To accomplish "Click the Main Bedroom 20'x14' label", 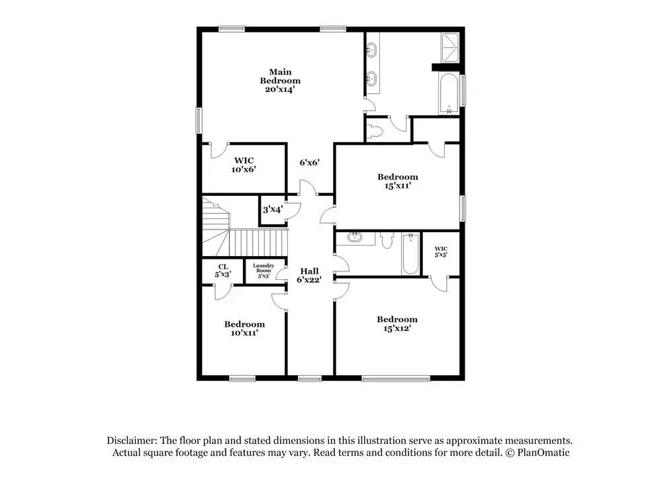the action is (280, 81).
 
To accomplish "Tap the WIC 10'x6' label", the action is (244, 165).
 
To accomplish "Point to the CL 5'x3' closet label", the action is (223, 271).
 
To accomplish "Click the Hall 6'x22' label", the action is (309, 275).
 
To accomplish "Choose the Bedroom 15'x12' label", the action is (397, 324).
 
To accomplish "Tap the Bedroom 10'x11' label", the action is (244, 328).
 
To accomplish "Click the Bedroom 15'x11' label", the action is (398, 181).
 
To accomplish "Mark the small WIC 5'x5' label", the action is (441, 252).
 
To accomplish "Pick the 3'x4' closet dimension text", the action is (273, 209).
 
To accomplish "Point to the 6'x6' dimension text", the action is (309, 162).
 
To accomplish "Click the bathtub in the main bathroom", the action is (448, 93).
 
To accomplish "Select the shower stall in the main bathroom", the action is (450, 48).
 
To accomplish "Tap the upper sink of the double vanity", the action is (371, 50).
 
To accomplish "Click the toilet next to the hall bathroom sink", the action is (387, 240).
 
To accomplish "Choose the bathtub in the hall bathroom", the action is (410, 253).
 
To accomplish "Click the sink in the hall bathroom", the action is (355, 237).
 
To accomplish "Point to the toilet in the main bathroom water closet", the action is (374, 132).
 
